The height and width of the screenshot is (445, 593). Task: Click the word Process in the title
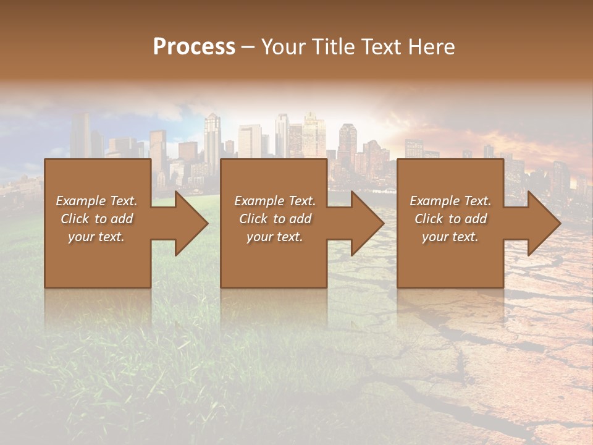click(194, 47)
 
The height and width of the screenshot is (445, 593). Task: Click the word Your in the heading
click(285, 47)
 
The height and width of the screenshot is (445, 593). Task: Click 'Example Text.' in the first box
click(96, 201)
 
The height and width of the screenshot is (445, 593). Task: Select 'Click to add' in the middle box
click(275, 219)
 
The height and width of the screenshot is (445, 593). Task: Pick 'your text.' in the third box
click(450, 237)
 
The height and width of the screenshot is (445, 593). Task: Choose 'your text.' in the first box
click(96, 237)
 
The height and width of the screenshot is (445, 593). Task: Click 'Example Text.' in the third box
click(450, 201)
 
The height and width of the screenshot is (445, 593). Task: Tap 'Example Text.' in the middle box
click(275, 201)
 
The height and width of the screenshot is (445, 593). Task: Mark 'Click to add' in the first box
click(96, 219)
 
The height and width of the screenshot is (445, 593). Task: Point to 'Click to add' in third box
click(450, 219)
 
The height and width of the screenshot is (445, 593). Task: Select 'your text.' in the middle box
click(274, 237)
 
